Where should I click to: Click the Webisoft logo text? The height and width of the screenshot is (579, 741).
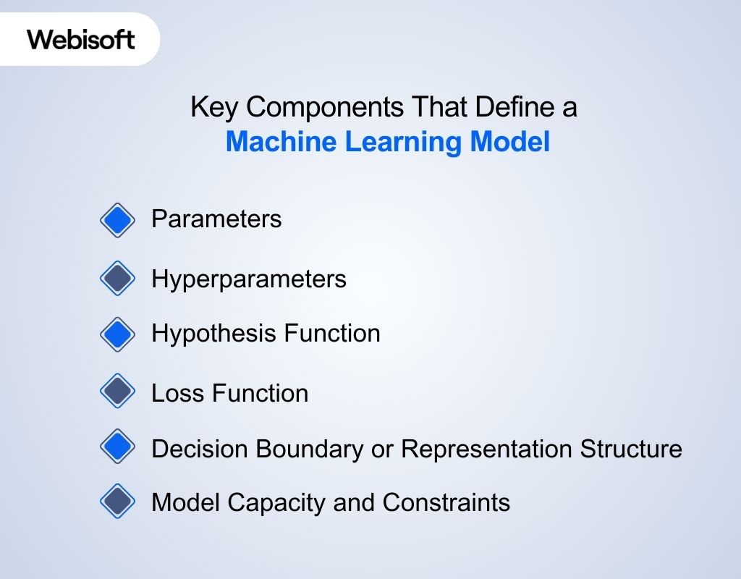coord(81,39)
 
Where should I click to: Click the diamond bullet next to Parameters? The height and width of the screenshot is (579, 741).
coord(117,219)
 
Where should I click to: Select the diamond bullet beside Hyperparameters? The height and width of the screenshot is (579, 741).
coord(117,279)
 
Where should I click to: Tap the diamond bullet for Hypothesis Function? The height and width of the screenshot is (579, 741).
coord(117,334)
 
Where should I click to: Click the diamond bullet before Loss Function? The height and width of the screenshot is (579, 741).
coord(117,392)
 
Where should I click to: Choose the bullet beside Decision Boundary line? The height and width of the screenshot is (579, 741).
coord(117,448)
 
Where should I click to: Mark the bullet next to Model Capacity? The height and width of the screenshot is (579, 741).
coord(117,502)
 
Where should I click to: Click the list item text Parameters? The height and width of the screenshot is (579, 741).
coord(216,219)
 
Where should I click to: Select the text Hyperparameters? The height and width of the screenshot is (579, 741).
coord(249,279)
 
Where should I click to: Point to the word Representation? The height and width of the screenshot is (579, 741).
coord(487,449)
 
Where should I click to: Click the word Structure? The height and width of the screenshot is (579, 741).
coord(631,449)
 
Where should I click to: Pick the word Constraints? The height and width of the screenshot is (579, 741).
coord(446,502)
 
